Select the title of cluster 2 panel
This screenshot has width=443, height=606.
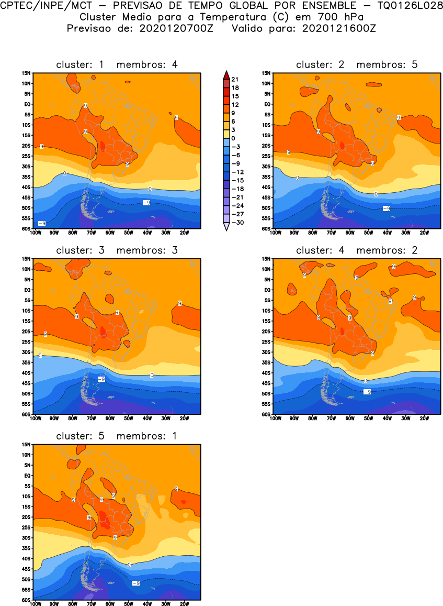tap(357, 65)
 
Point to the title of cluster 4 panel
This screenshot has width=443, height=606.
tap(357, 250)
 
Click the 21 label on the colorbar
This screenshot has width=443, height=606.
tap(235, 79)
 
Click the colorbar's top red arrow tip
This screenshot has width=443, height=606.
tap(225, 72)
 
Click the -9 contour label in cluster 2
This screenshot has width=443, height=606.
tap(387, 208)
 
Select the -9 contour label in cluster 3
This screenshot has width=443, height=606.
tap(101, 379)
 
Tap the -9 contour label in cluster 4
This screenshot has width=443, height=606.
tap(367, 392)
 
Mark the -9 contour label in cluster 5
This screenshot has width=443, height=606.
tap(135, 583)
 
